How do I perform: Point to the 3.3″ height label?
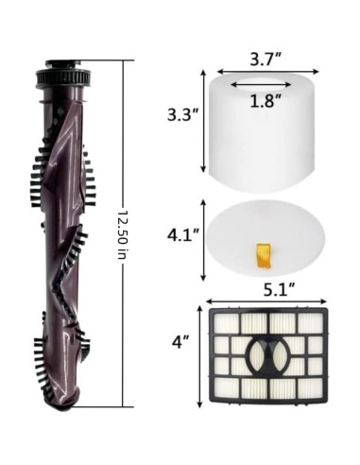click(182, 115)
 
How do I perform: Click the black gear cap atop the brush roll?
click(64, 74)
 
